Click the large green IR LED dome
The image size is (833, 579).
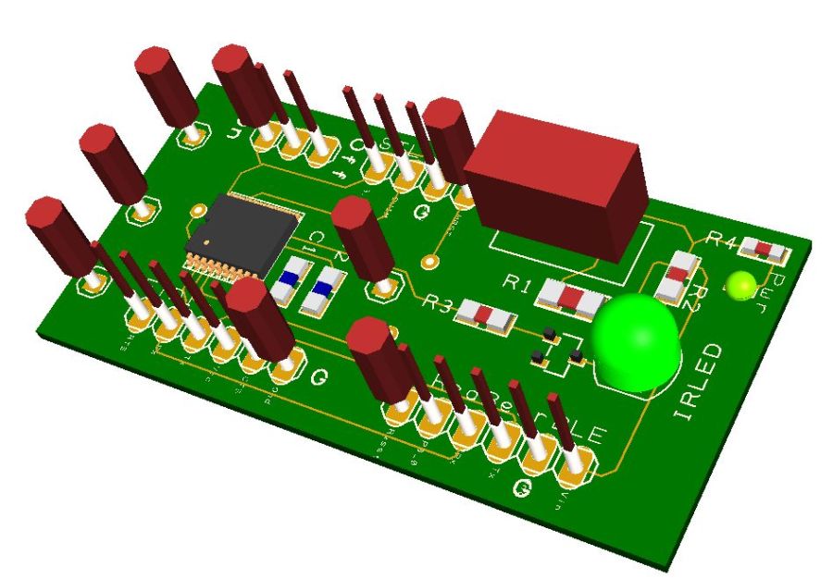636,340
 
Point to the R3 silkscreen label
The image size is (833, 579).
438,302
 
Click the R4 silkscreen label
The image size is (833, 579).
722,240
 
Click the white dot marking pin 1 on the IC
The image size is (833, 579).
209,244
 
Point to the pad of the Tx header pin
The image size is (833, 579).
536,457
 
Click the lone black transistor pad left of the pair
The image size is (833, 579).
537,355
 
